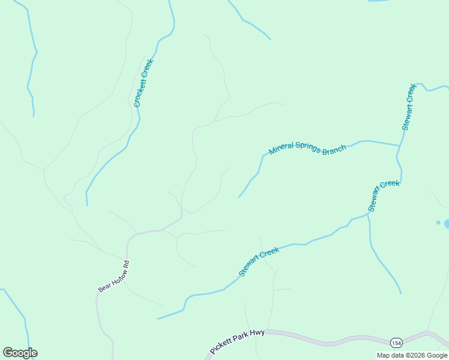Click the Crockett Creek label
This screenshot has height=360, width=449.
[x=144, y=83]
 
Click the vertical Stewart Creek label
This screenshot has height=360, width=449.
[x=409, y=107]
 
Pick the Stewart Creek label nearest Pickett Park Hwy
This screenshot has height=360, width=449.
[x=259, y=262]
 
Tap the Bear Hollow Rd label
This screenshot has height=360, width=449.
[x=114, y=277]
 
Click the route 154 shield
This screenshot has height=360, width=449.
[x=396, y=342]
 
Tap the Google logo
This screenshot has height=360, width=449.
[x=20, y=353]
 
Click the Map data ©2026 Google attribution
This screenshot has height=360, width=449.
[x=412, y=355]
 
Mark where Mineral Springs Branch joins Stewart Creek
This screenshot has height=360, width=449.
[x=400, y=145]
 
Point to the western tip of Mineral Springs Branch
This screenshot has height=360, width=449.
[x=239, y=197]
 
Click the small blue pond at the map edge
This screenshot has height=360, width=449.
[x=446, y=224]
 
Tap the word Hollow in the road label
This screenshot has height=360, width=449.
[x=116, y=276]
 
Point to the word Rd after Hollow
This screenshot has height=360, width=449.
[x=126, y=263]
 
